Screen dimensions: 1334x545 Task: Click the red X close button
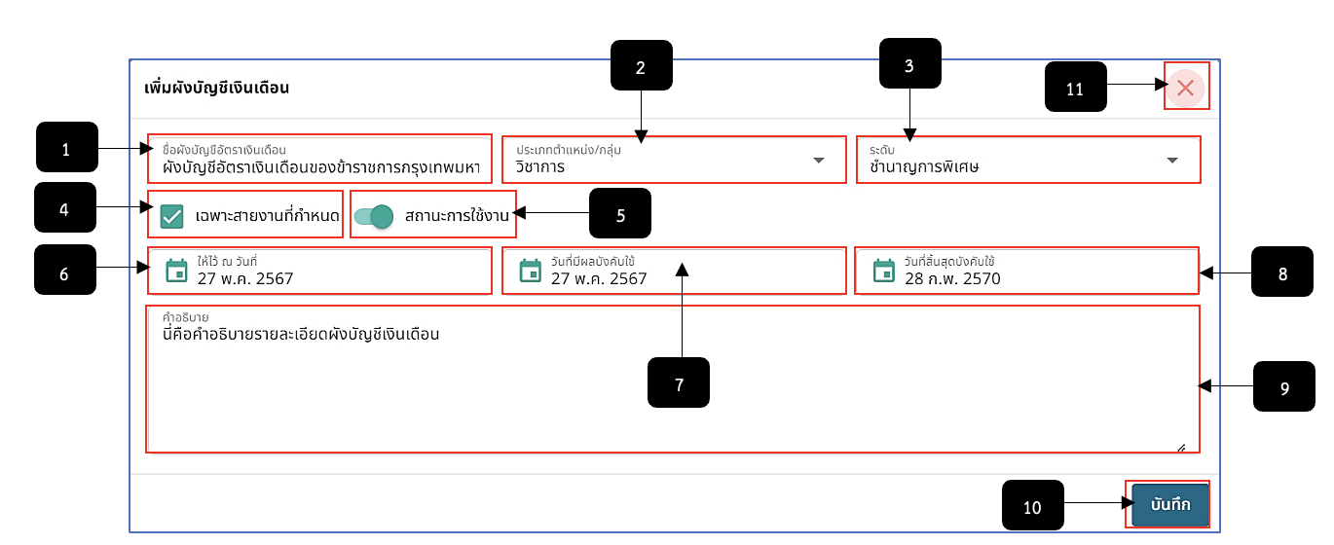point(1186,88)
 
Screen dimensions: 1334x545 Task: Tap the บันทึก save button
point(1169,504)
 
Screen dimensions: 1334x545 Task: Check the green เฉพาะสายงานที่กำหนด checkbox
point(172,216)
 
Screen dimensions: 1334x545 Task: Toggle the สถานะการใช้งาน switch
point(374,216)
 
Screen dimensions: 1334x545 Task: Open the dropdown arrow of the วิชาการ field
point(819,160)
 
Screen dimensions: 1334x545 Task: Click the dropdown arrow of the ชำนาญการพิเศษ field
point(1172,160)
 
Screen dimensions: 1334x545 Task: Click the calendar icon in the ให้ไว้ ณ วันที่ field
point(176,271)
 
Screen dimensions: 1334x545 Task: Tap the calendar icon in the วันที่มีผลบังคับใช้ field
point(530,271)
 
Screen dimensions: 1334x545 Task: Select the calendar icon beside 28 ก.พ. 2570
point(884,271)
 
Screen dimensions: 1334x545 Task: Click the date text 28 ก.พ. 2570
point(952,278)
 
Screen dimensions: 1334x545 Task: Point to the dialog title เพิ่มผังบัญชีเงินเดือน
point(217,88)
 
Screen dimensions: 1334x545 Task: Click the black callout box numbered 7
point(679,382)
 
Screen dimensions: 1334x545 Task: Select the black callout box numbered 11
point(1076,87)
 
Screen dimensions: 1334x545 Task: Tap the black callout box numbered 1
point(66,147)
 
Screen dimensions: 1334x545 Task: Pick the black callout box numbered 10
point(1033,505)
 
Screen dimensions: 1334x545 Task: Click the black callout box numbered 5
point(620,213)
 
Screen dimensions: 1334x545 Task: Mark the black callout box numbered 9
point(1284,386)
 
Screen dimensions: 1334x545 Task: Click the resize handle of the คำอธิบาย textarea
point(1181,448)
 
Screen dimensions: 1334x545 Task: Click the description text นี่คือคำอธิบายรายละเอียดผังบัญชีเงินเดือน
point(301,334)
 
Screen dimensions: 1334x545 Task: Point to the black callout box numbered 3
point(910,63)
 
